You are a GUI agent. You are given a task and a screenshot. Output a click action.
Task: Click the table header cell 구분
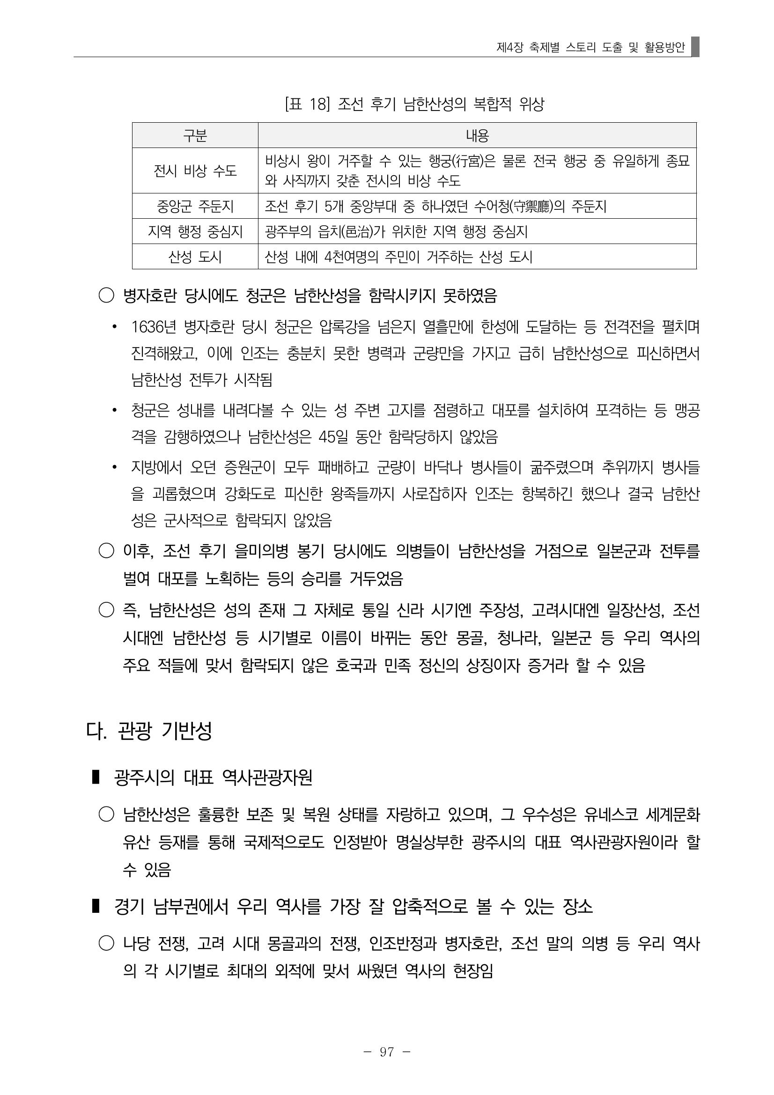195,136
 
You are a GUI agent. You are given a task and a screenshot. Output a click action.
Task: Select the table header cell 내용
477,136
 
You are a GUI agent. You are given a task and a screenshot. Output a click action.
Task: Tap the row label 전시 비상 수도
195,171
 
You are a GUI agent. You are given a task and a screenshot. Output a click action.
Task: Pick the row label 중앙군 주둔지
195,206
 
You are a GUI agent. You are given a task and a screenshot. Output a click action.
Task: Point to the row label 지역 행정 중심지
195,232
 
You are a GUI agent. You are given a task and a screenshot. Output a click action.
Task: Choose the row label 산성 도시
195,257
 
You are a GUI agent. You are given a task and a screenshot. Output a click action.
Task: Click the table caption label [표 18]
307,104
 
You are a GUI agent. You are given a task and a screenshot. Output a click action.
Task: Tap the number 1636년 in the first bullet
154,327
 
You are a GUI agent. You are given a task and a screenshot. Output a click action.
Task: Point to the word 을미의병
261,551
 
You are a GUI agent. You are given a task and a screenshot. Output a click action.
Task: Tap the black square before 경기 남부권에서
96,906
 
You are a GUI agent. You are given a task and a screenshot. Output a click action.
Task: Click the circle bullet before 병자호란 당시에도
106,296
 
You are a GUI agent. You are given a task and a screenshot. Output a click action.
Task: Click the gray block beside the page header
695,47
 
